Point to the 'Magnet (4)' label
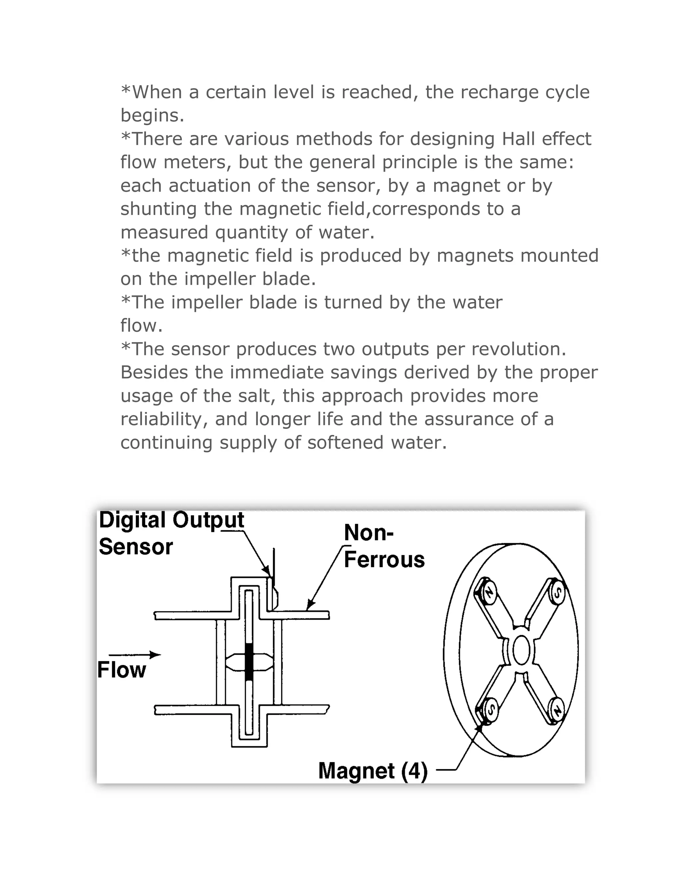[372, 771]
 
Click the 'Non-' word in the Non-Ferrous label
[368, 533]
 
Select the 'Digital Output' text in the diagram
[172, 520]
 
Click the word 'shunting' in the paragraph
[159, 209]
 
